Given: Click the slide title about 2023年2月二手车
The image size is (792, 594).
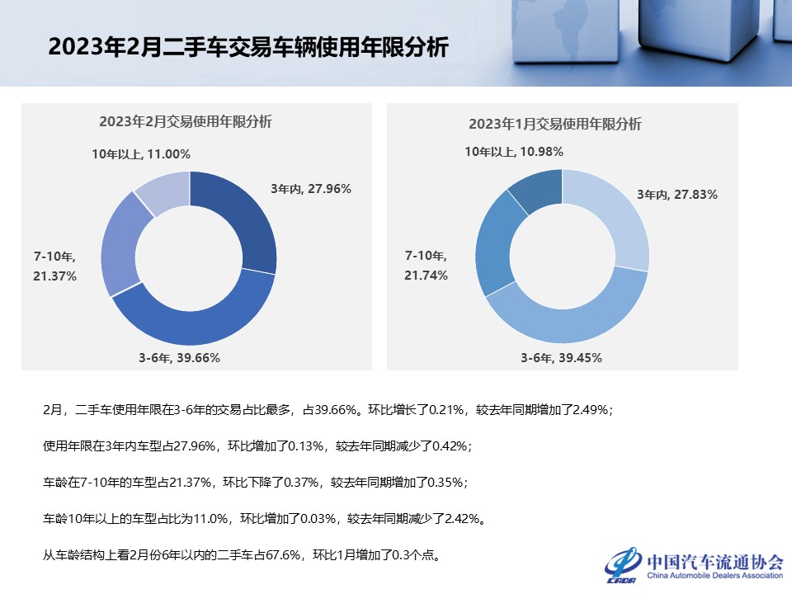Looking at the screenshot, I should click(x=247, y=47).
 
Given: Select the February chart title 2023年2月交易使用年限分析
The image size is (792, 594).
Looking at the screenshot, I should click(x=186, y=121).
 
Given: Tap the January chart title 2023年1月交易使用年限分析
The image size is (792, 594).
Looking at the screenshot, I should click(x=555, y=124).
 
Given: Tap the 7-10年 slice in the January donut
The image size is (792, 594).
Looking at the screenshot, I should click(x=493, y=244).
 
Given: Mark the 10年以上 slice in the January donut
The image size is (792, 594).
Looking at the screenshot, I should click(x=533, y=188).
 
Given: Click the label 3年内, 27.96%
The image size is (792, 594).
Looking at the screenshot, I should click(x=311, y=188).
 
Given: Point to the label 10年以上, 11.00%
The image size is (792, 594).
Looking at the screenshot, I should click(x=141, y=153).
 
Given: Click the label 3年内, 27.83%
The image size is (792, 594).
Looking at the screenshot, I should click(x=677, y=195).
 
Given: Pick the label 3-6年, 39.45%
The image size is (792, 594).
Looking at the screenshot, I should click(x=561, y=358).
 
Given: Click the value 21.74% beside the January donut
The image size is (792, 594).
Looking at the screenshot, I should click(x=426, y=276).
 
